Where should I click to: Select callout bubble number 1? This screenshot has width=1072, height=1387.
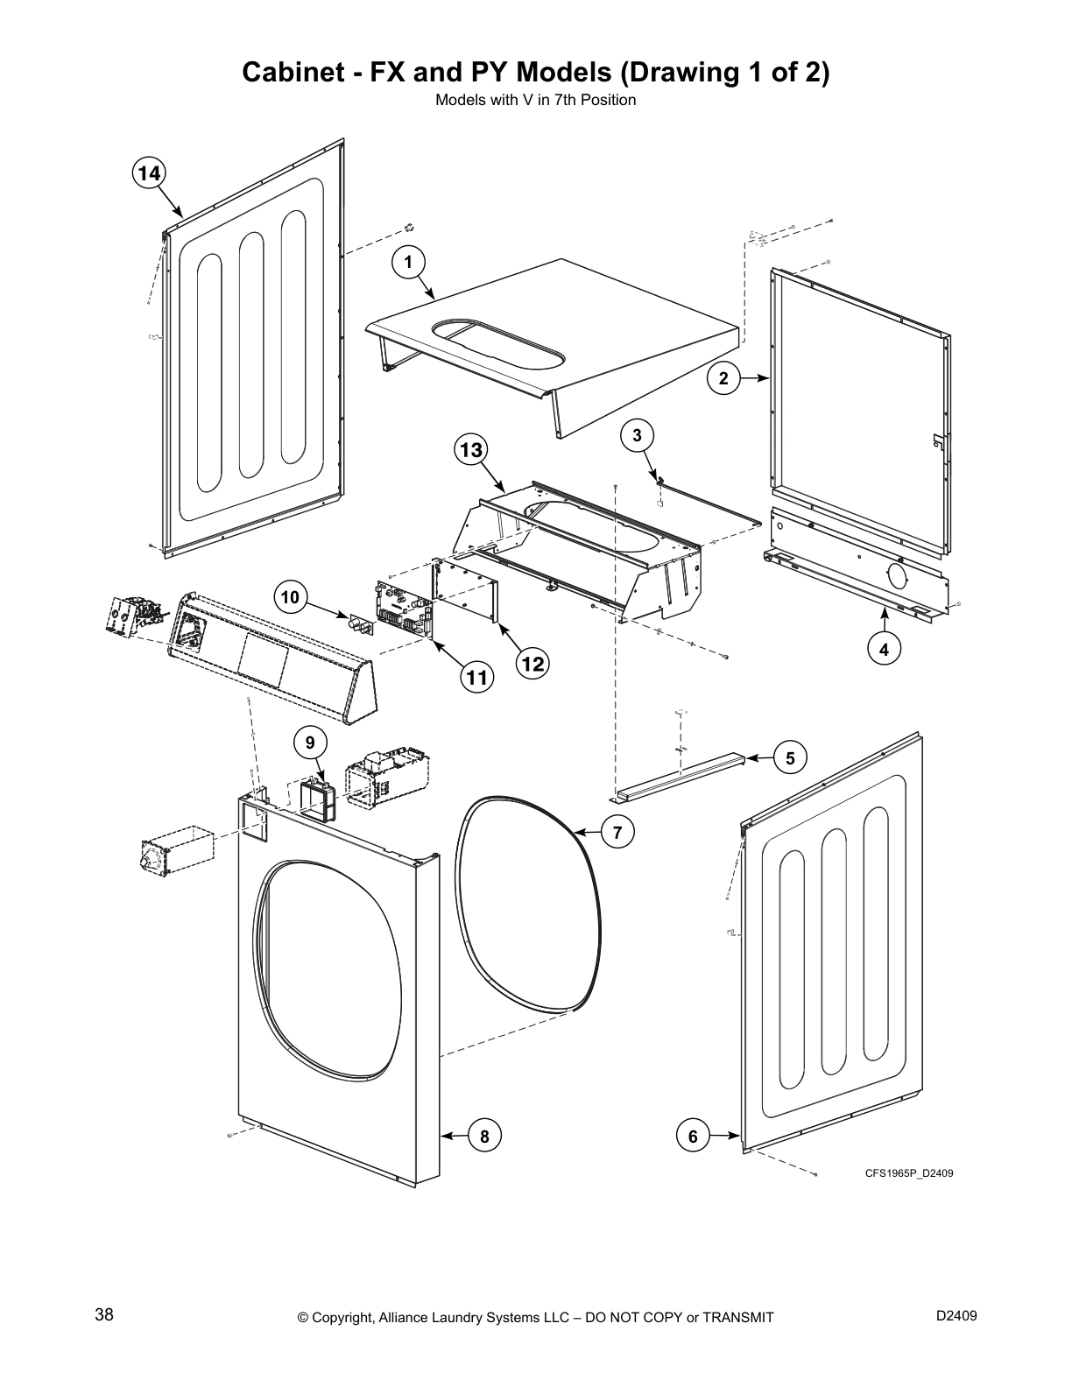(x=408, y=261)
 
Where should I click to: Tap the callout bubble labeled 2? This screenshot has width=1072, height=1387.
(x=723, y=378)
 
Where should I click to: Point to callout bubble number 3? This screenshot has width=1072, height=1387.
(x=638, y=434)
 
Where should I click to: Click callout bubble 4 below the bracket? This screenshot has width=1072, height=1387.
(x=885, y=650)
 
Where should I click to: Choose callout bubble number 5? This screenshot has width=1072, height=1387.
(x=790, y=758)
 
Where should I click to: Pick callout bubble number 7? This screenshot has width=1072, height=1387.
(x=618, y=832)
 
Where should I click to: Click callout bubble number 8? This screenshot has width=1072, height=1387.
(x=484, y=1137)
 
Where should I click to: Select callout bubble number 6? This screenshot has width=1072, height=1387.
(x=693, y=1137)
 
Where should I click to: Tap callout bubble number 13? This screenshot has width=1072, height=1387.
(x=471, y=450)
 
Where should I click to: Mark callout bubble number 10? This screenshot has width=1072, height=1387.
(x=290, y=598)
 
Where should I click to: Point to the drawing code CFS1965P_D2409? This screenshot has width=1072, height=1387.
(x=908, y=1172)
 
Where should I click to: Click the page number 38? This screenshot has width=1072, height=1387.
(x=104, y=1315)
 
